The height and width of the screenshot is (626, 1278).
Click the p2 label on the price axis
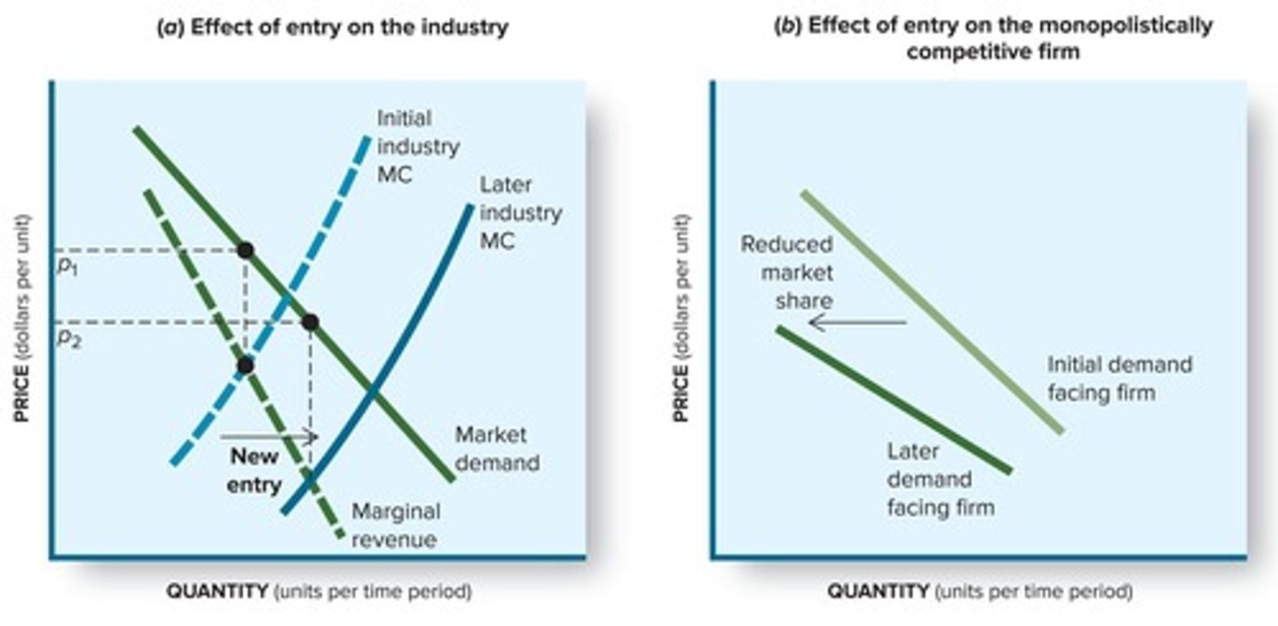pos(67,338)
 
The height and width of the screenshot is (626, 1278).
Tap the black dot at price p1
pos(245,250)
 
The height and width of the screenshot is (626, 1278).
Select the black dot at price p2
pos(310,321)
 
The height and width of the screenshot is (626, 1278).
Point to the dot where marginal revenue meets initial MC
pos(246,365)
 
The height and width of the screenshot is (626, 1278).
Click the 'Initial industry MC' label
pos(417,147)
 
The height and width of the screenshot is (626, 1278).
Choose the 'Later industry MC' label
pos(520,213)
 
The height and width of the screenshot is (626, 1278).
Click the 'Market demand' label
pos(496,448)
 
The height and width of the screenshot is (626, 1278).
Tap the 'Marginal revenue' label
pos(395,525)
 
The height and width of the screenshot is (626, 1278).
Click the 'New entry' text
pos(256,470)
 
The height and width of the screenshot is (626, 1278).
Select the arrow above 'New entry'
pos(268,436)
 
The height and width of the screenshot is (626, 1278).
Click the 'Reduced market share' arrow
pos(856,322)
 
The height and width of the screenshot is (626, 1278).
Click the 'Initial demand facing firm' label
pos(1119,378)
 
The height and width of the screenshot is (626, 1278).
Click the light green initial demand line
pos(932,312)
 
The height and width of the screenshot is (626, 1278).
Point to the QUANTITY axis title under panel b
pos(980,591)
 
